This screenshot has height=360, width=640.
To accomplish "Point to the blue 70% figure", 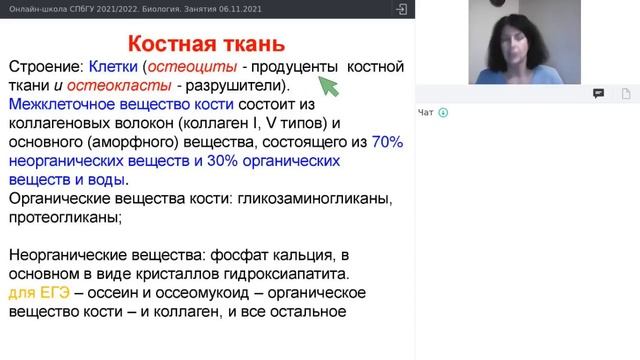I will (387, 143).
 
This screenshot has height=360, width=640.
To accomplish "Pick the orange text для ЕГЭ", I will (37, 292).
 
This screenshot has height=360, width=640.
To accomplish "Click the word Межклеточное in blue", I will (61, 105).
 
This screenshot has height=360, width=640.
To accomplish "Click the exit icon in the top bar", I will (400, 8).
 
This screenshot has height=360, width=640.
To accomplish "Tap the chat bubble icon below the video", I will (598, 93).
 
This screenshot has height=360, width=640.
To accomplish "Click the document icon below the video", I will (625, 93).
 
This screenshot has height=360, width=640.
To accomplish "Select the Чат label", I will (426, 112).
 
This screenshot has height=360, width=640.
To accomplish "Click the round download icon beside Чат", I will (443, 112).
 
